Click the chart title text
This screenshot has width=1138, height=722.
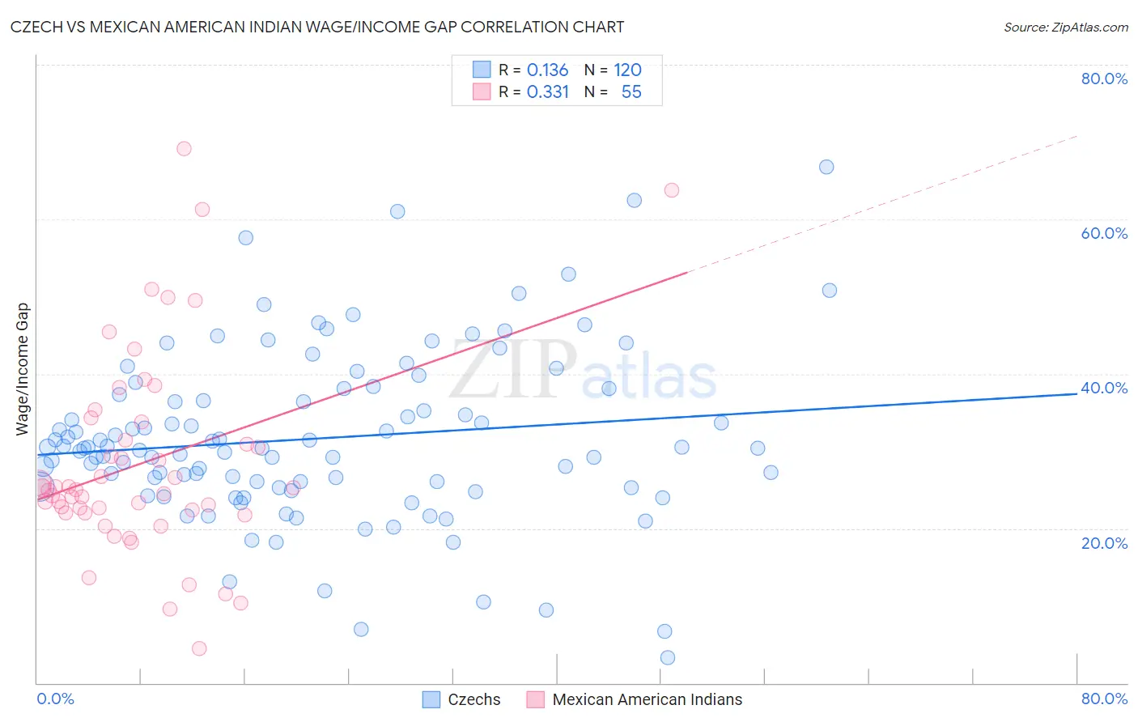pyautogui.click(x=317, y=27)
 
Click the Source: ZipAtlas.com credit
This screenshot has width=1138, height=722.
pyautogui.click(x=1065, y=27)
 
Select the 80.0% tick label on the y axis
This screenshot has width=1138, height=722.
pyautogui.click(x=1104, y=79)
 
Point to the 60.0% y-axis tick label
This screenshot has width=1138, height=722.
pyautogui.click(x=1104, y=233)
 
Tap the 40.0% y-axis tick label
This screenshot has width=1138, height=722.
pyautogui.click(x=1104, y=388)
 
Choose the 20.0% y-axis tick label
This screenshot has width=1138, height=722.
pyautogui.click(x=1104, y=543)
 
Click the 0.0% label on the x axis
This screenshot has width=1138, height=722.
pyautogui.click(x=55, y=699)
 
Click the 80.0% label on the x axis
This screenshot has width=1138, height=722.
pyautogui.click(x=1104, y=699)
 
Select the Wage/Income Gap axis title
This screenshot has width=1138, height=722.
pyautogui.click(x=23, y=369)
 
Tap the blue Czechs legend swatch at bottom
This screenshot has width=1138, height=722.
pyautogui.click(x=431, y=699)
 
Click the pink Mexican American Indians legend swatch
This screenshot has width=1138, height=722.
pyautogui.click(x=535, y=699)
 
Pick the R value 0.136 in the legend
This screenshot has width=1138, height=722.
pyautogui.click(x=547, y=70)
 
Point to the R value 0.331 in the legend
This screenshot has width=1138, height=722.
pyautogui.click(x=547, y=92)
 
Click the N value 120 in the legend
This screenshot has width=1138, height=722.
pyautogui.click(x=627, y=70)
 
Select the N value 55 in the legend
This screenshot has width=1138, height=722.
pyautogui.click(x=631, y=92)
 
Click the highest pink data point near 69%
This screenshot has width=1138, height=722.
pyautogui.click(x=184, y=149)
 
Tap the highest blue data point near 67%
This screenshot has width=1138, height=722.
pyautogui.click(x=826, y=167)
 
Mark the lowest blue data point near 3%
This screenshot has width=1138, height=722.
pyautogui.click(x=668, y=657)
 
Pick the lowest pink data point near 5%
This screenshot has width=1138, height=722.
pyautogui.click(x=199, y=648)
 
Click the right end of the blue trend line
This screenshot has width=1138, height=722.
pyautogui.click(x=1076, y=393)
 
